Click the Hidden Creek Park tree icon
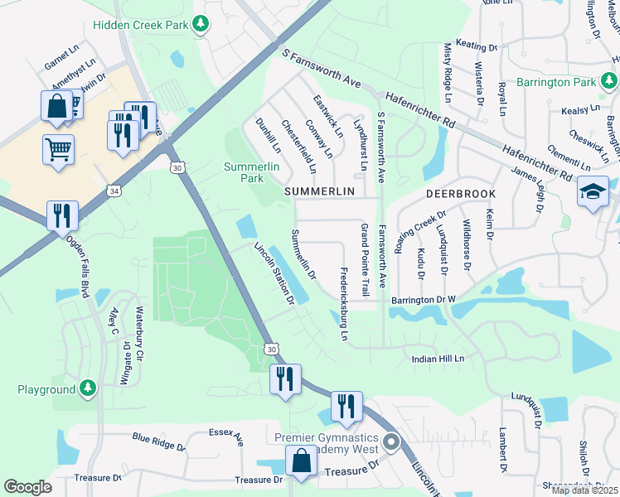point(200,26)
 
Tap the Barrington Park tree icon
point(609,81)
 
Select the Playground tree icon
point(88,388)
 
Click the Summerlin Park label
point(247,172)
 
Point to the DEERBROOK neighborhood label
point(460,193)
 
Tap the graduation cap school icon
point(593,191)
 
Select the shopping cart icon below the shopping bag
point(58,150)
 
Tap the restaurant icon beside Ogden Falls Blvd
point(63,215)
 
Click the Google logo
point(27,487)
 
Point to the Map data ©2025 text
point(585,490)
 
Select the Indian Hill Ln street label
point(440,359)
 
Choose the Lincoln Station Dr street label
point(274,273)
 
